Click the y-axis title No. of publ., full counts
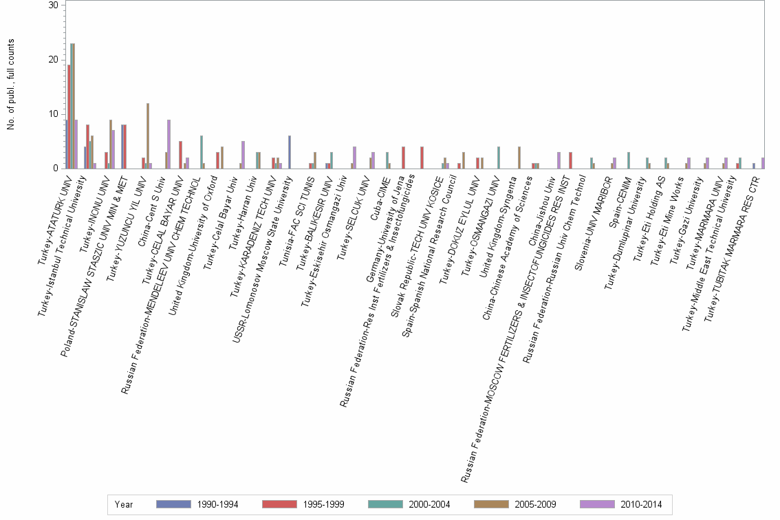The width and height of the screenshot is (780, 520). pos(10,85)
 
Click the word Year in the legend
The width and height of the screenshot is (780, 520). pos(124,504)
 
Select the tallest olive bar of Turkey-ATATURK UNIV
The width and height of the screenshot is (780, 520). pos(74,106)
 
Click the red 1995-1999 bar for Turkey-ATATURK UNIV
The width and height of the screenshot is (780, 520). pos(69,116)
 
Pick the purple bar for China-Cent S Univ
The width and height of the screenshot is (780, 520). pos(169,144)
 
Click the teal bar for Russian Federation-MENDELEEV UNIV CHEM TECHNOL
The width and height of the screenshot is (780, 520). pos(201,152)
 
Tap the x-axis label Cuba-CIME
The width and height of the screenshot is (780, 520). pos(382,191)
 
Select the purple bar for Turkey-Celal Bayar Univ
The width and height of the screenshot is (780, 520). pos(243,155)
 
